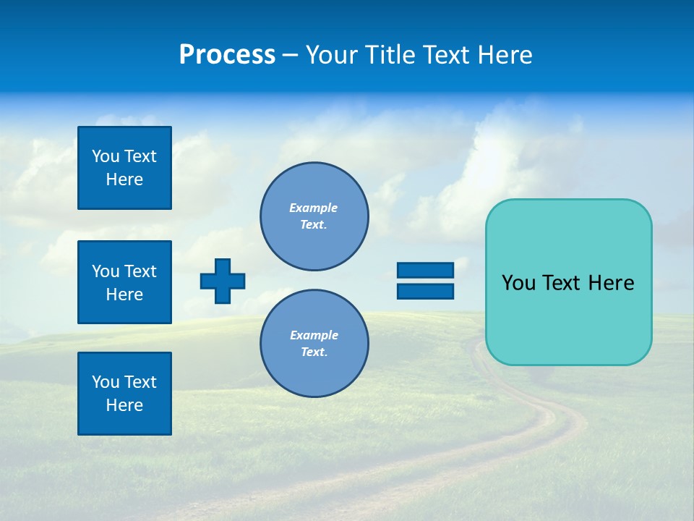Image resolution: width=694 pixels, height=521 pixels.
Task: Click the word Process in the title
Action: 227,55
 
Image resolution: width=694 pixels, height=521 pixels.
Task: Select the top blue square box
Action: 124,168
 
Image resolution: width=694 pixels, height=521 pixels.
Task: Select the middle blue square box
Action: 124,282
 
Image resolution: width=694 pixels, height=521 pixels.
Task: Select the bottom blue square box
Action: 124,394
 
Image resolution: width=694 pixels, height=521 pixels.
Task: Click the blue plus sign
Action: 223,281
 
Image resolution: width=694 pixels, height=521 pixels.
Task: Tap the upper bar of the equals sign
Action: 425,270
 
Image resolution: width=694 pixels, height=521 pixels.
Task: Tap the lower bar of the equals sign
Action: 425,292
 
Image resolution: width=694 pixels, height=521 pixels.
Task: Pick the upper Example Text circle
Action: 314,216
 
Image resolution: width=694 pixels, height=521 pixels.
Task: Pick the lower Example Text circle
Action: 314,343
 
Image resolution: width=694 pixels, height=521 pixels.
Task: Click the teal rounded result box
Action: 568,318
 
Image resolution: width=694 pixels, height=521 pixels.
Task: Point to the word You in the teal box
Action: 518,283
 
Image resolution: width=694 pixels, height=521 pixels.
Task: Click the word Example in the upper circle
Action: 313,208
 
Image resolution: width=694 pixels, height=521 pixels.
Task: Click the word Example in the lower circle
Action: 314,335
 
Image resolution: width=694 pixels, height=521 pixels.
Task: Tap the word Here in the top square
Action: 124,179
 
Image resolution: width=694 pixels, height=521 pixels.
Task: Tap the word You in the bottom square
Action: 106,382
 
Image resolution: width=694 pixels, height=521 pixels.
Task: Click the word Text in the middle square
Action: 140,271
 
